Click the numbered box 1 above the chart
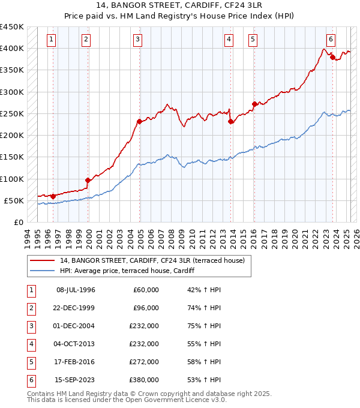coord(52,40)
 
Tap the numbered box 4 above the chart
coord(229,40)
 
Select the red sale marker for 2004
coord(139,122)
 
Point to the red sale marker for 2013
coord(231,122)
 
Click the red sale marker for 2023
coord(332,58)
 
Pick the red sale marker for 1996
coord(53,196)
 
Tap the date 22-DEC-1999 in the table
coord(75,308)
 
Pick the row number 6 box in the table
coord(31,380)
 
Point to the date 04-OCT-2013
coord(75,344)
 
